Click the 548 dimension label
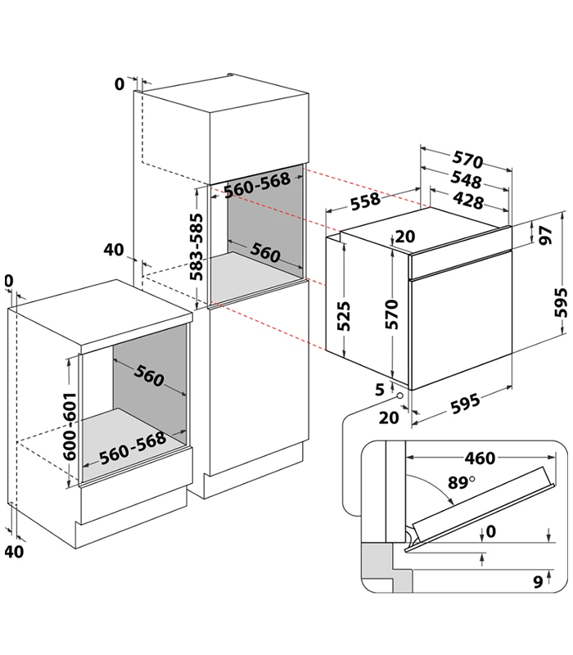tap(464, 181)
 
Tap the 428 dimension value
tap(467, 201)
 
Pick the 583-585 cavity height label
tap(196, 248)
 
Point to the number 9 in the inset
tap(537, 582)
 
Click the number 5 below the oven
tap(380, 390)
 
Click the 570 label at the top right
tap(467, 160)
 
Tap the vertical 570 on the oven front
tap(392, 314)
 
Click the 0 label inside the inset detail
tap(490, 532)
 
